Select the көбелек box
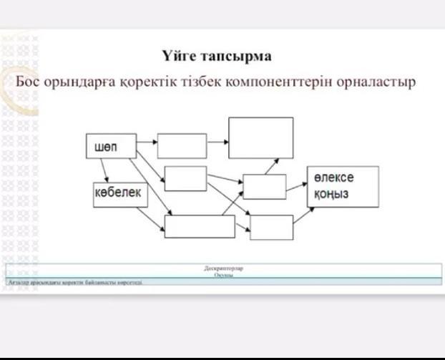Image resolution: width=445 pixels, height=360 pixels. tap(120, 194)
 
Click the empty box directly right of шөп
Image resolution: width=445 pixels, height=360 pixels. tap(182, 146)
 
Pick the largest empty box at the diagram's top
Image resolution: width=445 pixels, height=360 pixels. tap(260, 137)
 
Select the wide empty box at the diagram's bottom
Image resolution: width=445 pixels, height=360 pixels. tap(200, 226)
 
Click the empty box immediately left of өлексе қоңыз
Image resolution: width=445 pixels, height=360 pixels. tap(264, 187)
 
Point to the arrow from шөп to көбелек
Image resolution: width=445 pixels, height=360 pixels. tap(104, 170)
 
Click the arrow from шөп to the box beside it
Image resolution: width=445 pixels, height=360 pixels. tap(147, 142)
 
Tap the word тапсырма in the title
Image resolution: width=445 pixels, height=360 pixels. tap(235, 56)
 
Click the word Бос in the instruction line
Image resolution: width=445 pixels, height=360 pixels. tap(29, 80)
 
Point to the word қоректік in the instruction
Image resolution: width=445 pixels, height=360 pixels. tap(155, 81)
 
